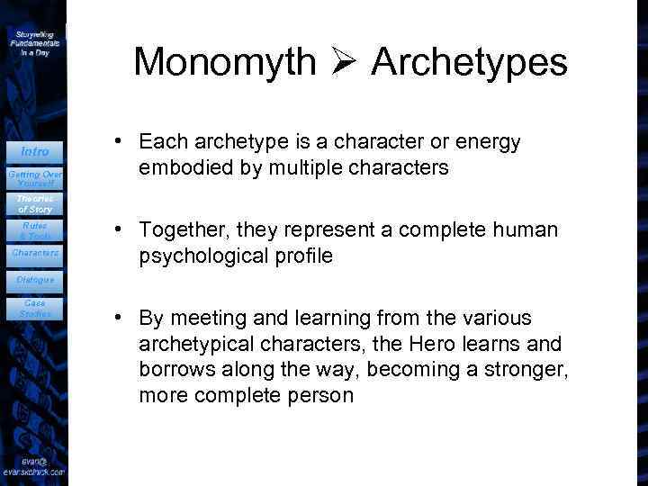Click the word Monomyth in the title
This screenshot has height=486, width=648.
click(x=224, y=62)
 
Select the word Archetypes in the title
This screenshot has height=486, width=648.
click(x=469, y=63)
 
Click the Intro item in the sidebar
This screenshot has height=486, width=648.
click(x=34, y=150)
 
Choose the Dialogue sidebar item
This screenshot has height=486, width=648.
click(x=34, y=280)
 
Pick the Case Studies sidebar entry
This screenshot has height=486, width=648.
click(x=34, y=308)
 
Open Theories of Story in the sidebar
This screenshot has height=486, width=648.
click(x=34, y=203)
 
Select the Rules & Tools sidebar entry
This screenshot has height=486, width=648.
click(x=34, y=230)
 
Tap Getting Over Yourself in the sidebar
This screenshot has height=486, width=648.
click(x=34, y=177)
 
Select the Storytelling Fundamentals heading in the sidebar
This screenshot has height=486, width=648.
click(x=34, y=42)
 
